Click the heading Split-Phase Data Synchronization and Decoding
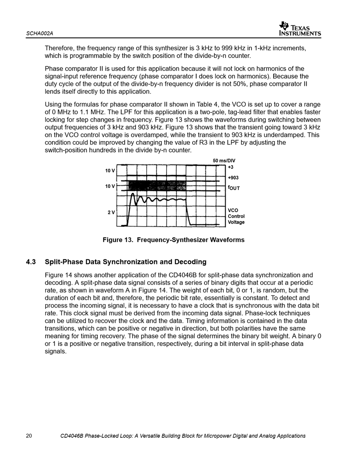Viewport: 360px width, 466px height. [126, 262]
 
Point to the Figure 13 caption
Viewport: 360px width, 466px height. [173, 240]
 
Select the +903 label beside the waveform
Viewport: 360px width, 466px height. [233, 177]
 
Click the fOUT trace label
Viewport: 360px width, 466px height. [234, 187]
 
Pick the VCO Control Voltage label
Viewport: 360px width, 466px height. [236, 216]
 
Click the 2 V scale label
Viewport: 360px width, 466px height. [111, 212]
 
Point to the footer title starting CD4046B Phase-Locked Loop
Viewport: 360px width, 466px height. [183, 436]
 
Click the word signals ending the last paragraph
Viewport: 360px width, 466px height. [56, 352]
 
